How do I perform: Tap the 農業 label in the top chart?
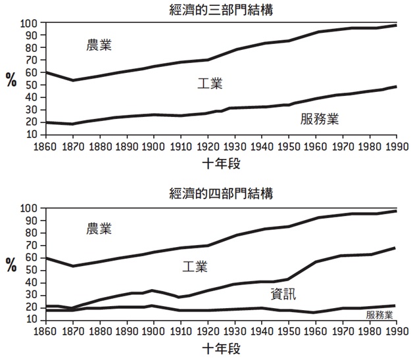coord(99,46)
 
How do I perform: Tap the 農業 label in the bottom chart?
coord(99,229)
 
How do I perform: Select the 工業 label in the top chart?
coord(210,84)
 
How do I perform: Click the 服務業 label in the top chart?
coord(324,118)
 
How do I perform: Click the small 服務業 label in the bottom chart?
coord(379,315)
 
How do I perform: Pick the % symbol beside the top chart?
coord(12,81)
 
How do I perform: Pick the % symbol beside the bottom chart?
coord(12,265)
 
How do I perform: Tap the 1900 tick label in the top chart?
coord(153,145)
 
